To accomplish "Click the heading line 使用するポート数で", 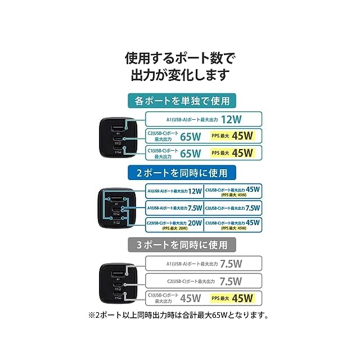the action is tap(180, 58).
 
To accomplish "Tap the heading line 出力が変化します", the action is tap(180, 75).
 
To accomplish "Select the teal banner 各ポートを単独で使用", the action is tap(182, 101).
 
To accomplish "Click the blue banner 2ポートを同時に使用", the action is tap(182, 172).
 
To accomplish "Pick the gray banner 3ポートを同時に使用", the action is tap(182, 245).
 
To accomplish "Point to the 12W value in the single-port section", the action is tap(231, 119).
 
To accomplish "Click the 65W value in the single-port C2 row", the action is tap(191, 136).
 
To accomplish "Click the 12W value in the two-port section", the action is tap(194, 191).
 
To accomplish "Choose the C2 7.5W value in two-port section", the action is tap(253, 207).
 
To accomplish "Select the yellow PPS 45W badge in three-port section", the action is tap(233, 298).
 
